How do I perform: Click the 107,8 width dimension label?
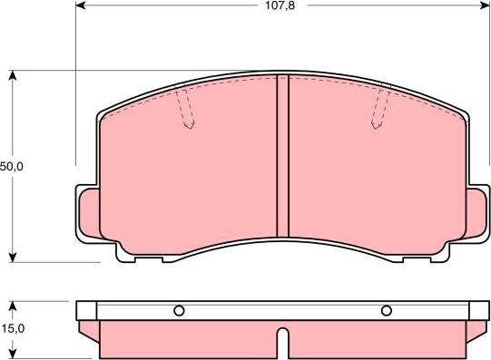(x=280, y=5)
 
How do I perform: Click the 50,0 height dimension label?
(x=12, y=167)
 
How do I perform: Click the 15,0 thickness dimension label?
(x=13, y=329)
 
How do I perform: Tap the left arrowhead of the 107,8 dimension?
(x=81, y=5)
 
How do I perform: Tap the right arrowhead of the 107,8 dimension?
(x=485, y=5)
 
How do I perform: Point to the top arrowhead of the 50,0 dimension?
(x=12, y=75)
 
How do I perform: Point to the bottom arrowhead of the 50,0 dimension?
(x=12, y=258)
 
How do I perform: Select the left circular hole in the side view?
(x=179, y=311)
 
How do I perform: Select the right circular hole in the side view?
(x=387, y=311)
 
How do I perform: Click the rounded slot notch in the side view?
(x=283, y=343)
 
